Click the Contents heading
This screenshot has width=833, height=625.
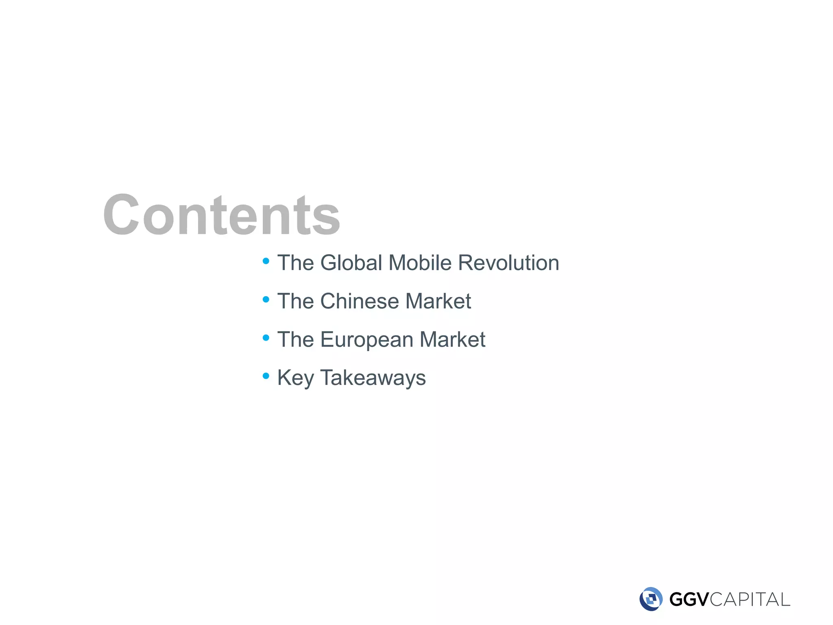point(222,214)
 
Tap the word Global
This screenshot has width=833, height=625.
point(351,263)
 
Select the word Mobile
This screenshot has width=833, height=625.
point(420,263)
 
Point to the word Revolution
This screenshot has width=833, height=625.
point(508,263)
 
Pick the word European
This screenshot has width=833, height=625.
point(366,340)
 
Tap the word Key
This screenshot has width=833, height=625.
point(295,378)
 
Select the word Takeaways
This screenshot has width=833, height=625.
point(373,378)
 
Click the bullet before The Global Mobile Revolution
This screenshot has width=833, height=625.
point(266,261)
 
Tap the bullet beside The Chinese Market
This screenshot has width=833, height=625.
point(266,299)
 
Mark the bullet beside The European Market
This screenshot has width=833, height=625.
point(266,338)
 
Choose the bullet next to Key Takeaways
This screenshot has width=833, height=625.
point(266,376)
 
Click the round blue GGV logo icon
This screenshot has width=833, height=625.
point(651,599)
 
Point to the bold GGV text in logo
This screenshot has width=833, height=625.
point(689,599)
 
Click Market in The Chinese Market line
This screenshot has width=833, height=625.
point(438,301)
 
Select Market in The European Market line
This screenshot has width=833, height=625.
point(452,339)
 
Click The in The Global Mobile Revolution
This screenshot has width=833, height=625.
point(296,263)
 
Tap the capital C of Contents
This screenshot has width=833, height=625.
point(121,214)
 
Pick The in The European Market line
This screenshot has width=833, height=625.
point(296,339)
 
